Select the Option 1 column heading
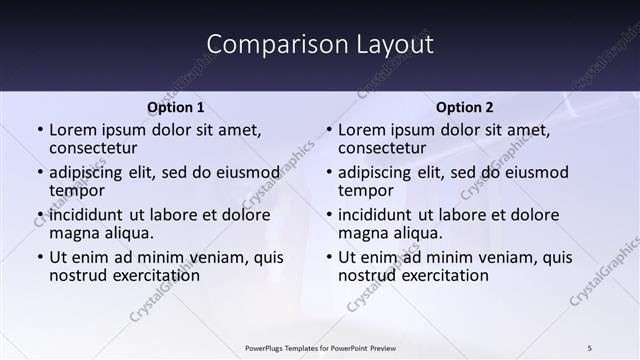tap(175, 107)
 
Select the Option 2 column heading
tap(464, 107)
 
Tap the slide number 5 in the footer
tap(590, 348)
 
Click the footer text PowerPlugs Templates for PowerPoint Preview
tap(320, 348)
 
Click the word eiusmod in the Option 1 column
tap(247, 172)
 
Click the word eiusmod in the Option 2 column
tap(536, 172)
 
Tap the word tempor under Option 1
tap(77, 190)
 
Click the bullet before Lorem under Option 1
tap(40, 130)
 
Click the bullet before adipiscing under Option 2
tap(329, 172)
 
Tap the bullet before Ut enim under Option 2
tap(329, 257)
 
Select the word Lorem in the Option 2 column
tap(361, 130)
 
